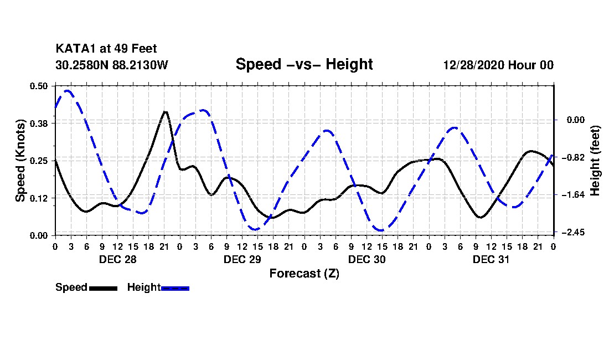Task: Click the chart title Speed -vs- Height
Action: pyautogui.click(x=304, y=64)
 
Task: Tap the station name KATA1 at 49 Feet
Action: pyautogui.click(x=106, y=49)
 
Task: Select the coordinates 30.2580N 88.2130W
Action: pyautogui.click(x=112, y=65)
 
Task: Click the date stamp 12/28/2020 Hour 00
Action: pyautogui.click(x=498, y=65)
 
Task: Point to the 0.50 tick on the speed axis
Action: pyautogui.click(x=40, y=86)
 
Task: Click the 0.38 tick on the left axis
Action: pyautogui.click(x=40, y=123)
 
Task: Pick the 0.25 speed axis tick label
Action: pyautogui.click(x=40, y=161)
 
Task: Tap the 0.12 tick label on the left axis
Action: pyautogui.click(x=40, y=198)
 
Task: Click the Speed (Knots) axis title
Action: pyautogui.click(x=21, y=161)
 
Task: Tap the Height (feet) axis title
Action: pyautogui.click(x=596, y=161)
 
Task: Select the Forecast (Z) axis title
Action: pyautogui.click(x=304, y=274)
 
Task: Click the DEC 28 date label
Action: pyautogui.click(x=117, y=259)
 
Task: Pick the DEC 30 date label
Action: pyautogui.click(x=367, y=259)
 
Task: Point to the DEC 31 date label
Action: pyautogui.click(x=491, y=259)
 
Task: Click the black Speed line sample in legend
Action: pyautogui.click(x=103, y=288)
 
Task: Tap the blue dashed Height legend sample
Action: pyautogui.click(x=175, y=288)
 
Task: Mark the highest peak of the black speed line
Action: pyautogui.click(x=165, y=112)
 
